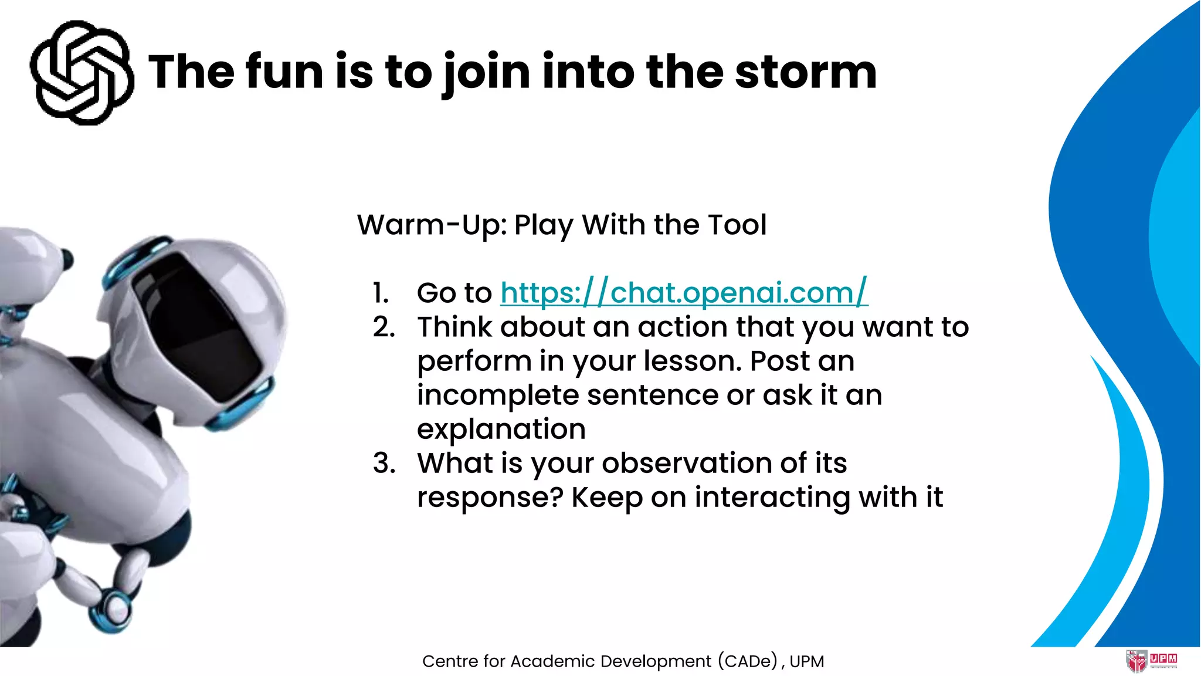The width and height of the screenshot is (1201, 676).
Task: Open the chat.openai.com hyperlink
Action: [684, 292]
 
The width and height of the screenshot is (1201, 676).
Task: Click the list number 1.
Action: [381, 293]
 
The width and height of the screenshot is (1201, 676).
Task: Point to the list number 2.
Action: [384, 327]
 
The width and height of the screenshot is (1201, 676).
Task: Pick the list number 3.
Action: [384, 463]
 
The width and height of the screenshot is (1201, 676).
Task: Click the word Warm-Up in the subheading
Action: [432, 225]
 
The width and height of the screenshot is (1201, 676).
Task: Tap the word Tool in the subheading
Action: [737, 225]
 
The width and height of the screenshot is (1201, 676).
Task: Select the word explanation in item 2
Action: [501, 430]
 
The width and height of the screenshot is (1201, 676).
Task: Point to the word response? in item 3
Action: [490, 498]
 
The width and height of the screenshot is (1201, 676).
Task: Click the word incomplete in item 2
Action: [498, 395]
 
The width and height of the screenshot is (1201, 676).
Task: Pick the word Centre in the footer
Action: [449, 661]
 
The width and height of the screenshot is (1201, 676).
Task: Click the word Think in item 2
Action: [454, 327]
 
